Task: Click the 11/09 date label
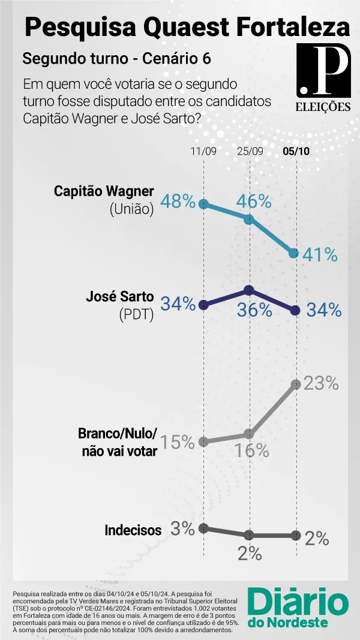tap(203, 151)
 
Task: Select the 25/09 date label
tap(250, 151)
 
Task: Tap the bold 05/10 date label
tap(296, 151)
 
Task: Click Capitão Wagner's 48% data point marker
tap(203, 204)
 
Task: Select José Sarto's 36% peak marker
tap(248, 291)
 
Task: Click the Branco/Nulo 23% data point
tap(296, 384)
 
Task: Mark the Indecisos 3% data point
tap(203, 528)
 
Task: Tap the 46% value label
tap(254, 201)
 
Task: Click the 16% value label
tap(251, 450)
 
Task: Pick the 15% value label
tap(177, 441)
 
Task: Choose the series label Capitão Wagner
tap(104, 191)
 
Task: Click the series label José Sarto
tap(119, 297)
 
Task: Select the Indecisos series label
tap(133, 530)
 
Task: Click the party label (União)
tap(131, 209)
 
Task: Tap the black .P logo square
tap(323, 70)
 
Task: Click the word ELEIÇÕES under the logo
tap(323, 107)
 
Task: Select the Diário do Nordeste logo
tap(298, 608)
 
